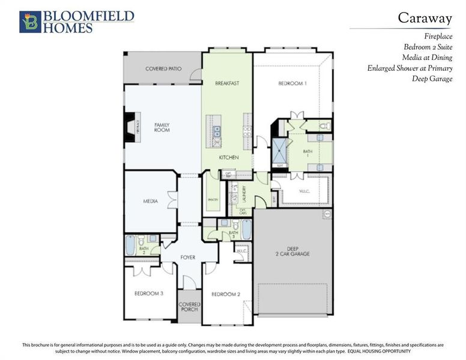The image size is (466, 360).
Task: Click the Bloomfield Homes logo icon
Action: (30, 22)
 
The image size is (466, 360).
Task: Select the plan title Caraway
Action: (425, 17)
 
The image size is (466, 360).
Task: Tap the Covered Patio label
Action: (163, 69)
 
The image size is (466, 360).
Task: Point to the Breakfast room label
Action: (227, 83)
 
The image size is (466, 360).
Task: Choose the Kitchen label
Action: (229, 157)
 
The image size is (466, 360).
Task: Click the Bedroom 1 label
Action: (292, 83)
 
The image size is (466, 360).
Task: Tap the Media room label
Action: (150, 201)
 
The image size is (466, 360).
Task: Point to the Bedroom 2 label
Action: (226, 294)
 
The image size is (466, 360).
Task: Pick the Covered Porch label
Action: (190, 307)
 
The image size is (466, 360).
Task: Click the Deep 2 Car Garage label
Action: (292, 251)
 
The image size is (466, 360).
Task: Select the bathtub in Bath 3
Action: (246, 229)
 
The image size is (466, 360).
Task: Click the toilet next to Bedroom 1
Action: (324, 126)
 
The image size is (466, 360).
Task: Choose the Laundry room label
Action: (244, 192)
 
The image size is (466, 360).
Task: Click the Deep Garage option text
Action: (432, 79)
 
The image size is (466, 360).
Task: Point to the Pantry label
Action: (212, 199)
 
